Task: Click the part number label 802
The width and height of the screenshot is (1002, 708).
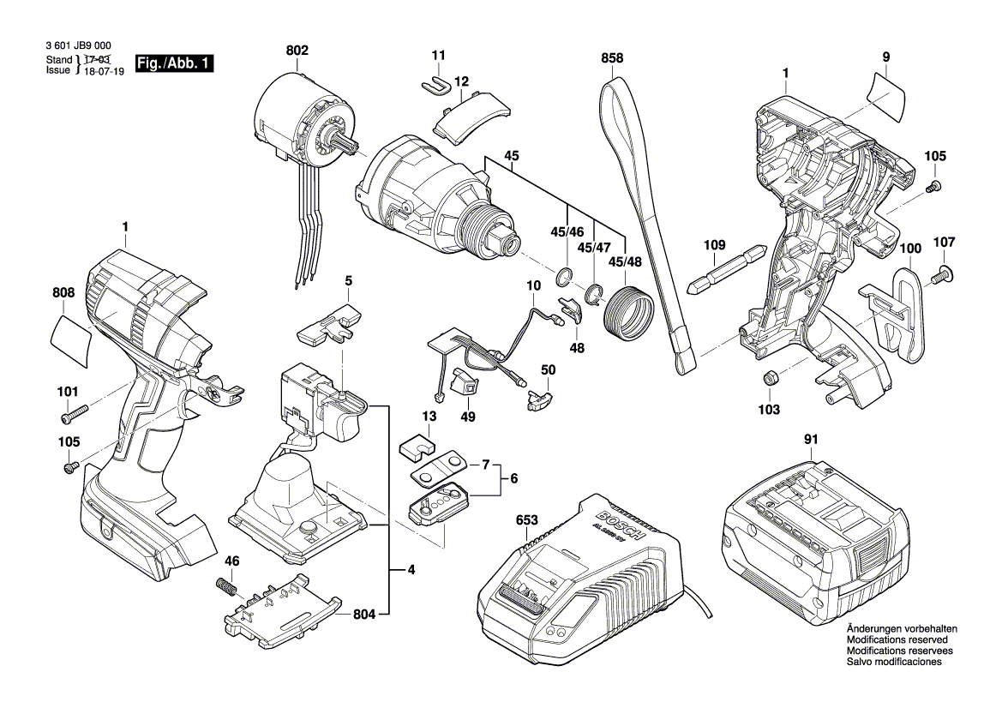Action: click(297, 51)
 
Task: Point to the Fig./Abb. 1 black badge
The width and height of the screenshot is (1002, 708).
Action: click(173, 65)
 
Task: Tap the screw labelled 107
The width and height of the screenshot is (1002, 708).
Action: click(943, 273)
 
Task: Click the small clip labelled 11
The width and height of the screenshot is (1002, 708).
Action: click(438, 83)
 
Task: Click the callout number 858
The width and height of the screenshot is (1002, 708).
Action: click(612, 58)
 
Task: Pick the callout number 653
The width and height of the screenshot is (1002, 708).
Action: click(528, 520)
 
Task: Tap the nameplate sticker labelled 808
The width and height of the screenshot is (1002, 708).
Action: click(73, 339)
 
